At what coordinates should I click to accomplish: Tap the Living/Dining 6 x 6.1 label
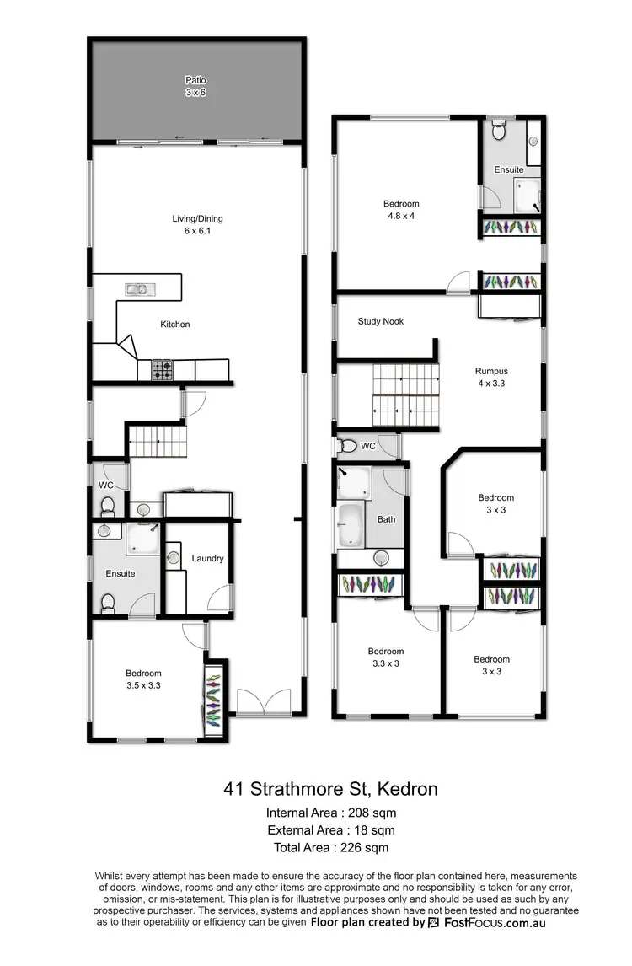point(198,224)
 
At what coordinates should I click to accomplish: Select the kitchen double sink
point(137,289)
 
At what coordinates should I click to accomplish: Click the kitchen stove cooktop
point(161,368)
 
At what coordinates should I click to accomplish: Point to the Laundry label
point(207,558)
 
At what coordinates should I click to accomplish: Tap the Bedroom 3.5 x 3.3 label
point(143,679)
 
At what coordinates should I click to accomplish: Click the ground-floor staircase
point(156,441)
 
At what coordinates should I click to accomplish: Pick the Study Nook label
point(380,321)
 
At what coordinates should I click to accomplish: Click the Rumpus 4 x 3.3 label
point(491,376)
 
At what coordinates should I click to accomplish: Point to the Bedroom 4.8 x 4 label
point(400,209)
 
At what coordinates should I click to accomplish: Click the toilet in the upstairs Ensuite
point(498,132)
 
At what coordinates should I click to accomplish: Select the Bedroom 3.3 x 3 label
point(385,657)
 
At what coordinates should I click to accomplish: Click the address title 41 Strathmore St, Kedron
point(330,790)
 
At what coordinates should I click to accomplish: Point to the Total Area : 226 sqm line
point(330,847)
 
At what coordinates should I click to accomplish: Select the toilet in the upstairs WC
point(346,446)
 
